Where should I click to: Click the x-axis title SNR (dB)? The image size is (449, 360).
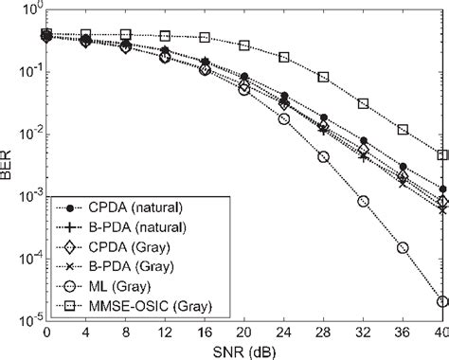[x=243, y=351]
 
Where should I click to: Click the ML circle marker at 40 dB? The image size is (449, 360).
[x=442, y=302]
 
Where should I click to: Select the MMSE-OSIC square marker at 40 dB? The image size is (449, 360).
[x=442, y=155]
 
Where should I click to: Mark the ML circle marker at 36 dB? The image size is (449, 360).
[x=403, y=247]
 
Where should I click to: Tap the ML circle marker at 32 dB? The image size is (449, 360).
[x=363, y=201]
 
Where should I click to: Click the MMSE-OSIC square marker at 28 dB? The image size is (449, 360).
[x=323, y=77]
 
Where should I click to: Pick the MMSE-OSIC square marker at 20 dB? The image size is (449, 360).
[x=244, y=45]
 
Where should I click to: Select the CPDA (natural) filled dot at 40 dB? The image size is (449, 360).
[x=442, y=189]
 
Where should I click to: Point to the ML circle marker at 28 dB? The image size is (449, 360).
[x=323, y=157]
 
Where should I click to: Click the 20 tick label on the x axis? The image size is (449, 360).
[x=244, y=333]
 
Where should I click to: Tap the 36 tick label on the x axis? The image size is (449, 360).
[x=403, y=333]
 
